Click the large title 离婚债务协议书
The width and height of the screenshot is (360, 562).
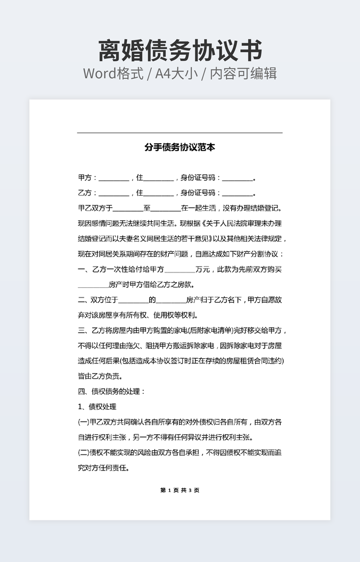coord(180,51)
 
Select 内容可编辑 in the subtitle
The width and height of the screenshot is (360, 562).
coord(243,73)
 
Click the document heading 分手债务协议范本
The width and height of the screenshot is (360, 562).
coord(180,147)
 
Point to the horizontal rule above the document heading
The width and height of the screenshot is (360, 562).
coord(180,133)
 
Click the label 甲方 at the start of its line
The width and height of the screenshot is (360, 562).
coord(85,178)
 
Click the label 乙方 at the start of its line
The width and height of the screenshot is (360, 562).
coord(85,193)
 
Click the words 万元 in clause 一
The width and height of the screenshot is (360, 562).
coord(203,269)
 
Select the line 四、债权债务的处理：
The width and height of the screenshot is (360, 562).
coord(111,392)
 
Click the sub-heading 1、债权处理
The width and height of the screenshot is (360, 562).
coord(97,407)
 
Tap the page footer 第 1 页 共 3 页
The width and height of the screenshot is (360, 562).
coord(180,490)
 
